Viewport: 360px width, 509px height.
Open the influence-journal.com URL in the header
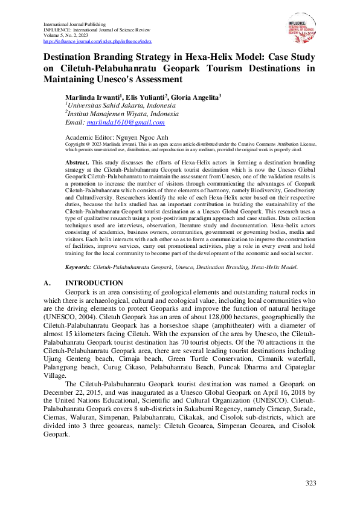(97, 41)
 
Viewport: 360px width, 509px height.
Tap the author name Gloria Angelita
(195, 97)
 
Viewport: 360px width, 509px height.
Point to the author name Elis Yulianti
(144, 97)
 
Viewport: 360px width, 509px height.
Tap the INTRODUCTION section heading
(94, 283)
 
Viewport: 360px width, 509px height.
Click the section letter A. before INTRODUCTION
(48, 283)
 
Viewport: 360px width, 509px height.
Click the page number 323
(310, 482)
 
